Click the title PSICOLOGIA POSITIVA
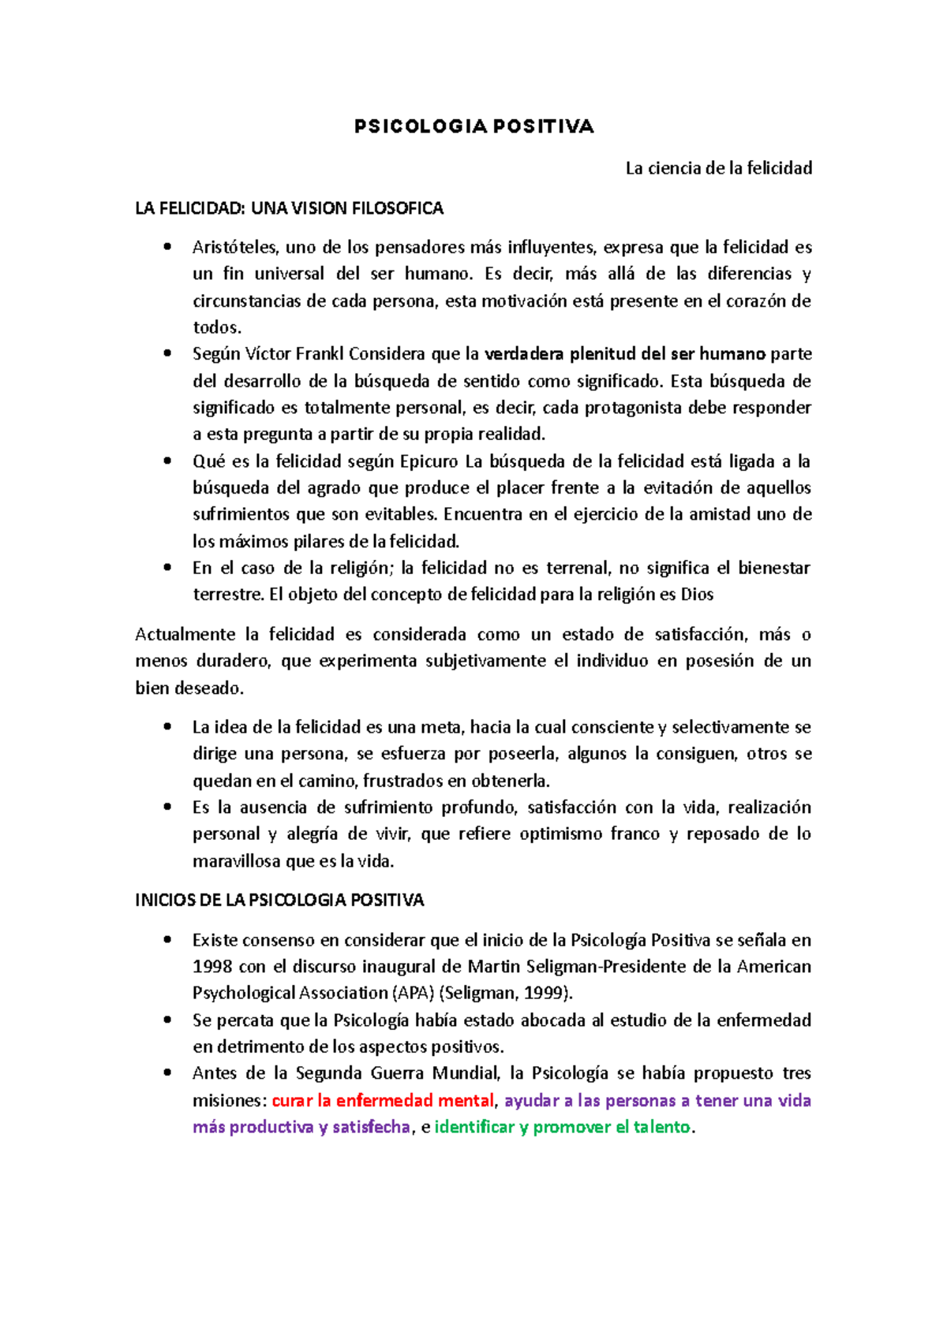coord(473,127)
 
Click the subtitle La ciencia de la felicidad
coord(718,168)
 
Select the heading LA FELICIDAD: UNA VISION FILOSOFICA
coord(289,208)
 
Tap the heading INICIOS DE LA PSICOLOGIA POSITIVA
coord(279,900)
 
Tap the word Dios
coord(697,595)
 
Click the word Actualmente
coord(185,635)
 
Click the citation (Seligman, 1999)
coord(506,993)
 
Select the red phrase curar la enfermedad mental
coord(383,1101)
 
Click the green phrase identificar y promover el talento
coord(562,1128)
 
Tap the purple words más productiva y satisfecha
coord(301,1128)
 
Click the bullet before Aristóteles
coord(167,247)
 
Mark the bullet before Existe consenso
coord(167,939)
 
